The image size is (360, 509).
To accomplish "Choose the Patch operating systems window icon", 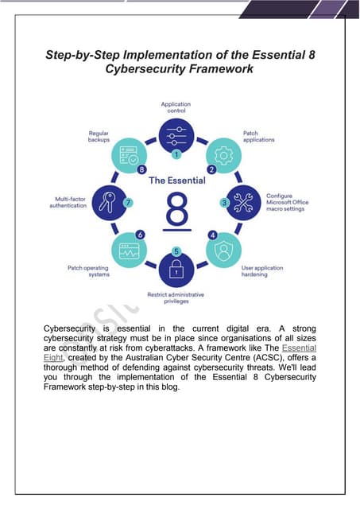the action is (x=128, y=249).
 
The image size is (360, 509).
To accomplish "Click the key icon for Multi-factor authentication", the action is (x=109, y=202).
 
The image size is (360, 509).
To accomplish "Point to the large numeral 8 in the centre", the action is (x=176, y=212).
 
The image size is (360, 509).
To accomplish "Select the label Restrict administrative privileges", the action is (x=176, y=298).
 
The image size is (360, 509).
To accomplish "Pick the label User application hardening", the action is (x=262, y=271).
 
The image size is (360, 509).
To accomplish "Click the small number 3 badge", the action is (x=225, y=203).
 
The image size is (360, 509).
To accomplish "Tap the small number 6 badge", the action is (x=141, y=235).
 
